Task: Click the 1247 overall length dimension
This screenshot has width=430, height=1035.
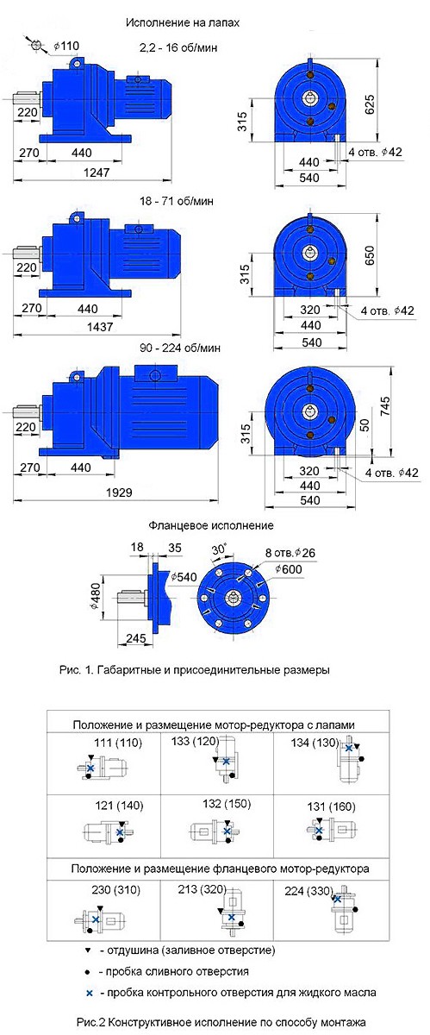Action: [96, 172]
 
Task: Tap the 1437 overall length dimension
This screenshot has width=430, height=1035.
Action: [100, 327]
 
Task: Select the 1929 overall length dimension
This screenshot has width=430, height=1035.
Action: [119, 492]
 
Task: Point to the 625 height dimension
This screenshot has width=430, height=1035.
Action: [370, 104]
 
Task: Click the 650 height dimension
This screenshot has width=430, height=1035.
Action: [370, 255]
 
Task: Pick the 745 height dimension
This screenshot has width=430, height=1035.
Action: [384, 406]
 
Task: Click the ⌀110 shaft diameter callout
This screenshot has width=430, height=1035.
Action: [66, 46]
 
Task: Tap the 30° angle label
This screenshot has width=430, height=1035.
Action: [219, 549]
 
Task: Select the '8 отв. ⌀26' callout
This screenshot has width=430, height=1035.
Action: [290, 552]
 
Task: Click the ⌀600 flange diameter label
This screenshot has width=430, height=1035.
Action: [288, 568]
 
